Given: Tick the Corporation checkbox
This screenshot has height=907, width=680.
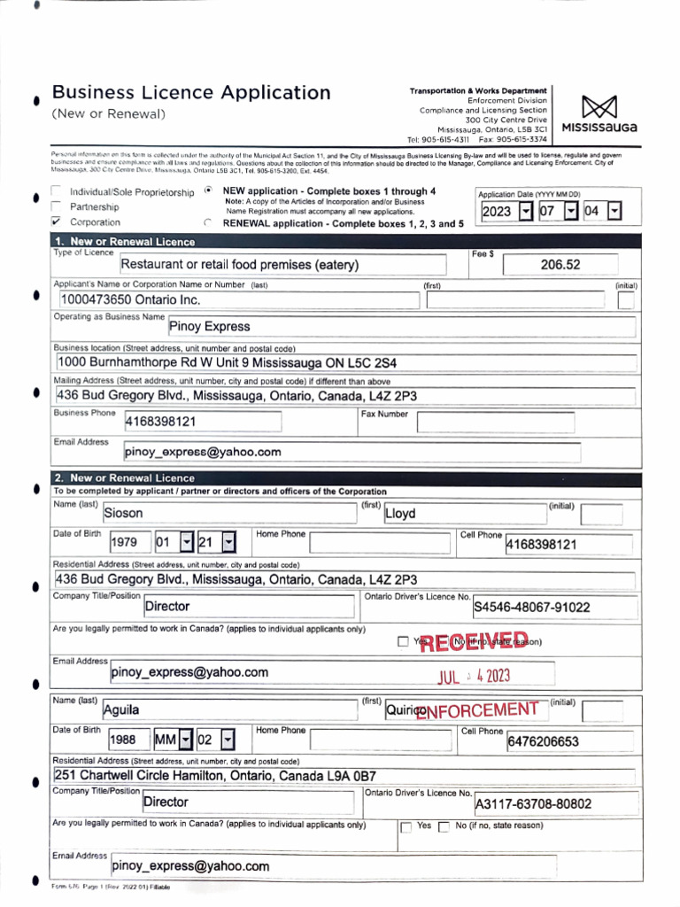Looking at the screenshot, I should coord(57,221).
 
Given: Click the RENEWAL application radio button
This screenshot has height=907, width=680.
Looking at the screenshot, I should coord(207,223).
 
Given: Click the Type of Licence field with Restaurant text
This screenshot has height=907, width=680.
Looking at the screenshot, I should coord(282,265).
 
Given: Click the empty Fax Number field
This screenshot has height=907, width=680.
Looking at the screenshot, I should coord(498,422).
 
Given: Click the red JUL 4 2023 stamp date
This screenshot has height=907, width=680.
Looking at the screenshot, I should coord(475,677).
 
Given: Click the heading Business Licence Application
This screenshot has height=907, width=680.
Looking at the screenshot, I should coord(191,93).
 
